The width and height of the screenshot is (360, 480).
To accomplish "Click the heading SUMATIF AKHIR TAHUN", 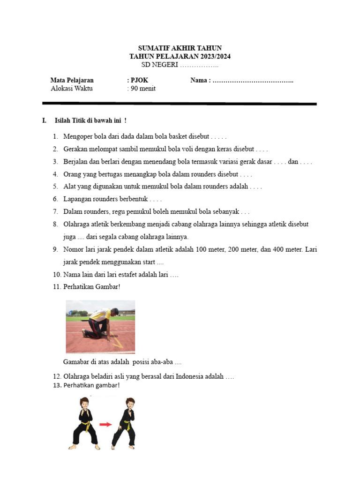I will tap(180, 48).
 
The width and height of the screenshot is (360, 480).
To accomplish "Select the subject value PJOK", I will tap(139, 80).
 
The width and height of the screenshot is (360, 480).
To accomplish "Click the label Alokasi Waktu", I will tap(71, 89).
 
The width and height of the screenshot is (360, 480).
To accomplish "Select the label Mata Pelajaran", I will tap(72, 80).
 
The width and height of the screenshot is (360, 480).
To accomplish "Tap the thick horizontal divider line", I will tap(180, 104).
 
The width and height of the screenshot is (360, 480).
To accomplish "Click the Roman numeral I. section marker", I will tap(44, 121).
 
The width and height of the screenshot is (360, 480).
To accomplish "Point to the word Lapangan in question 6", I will tap(77, 199).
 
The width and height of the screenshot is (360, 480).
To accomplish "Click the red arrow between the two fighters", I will tap(106, 424).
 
